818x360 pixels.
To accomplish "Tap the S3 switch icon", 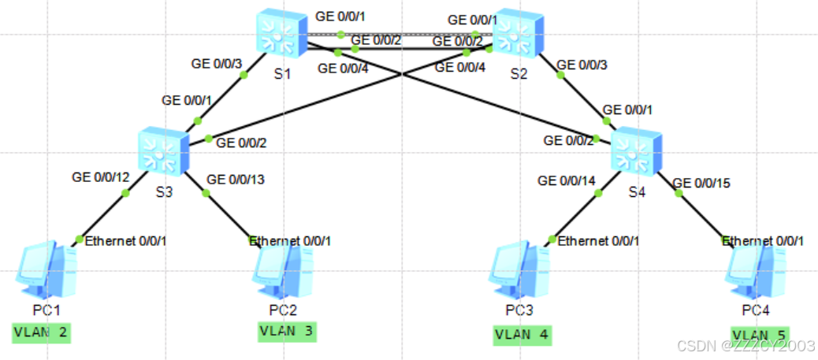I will coord(162,150).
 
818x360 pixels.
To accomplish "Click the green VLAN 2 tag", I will coord(42,333).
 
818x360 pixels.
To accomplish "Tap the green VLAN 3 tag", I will coord(287,332).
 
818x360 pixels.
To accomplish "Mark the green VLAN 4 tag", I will coord(522,334).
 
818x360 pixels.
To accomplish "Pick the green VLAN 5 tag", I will coord(760,335).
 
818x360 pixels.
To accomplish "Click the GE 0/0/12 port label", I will coord(100,176).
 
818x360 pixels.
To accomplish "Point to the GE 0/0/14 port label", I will coord(566,180).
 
